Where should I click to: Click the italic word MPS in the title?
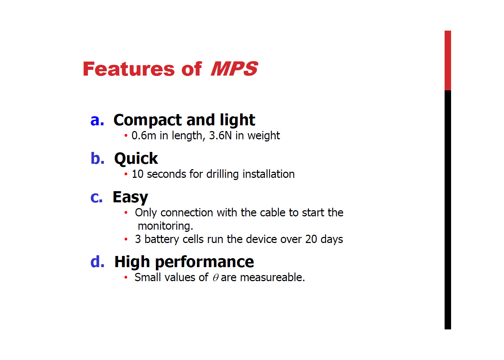click(x=234, y=69)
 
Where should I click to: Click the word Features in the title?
click(x=129, y=69)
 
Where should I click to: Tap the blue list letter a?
click(x=97, y=120)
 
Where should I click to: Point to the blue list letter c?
click(x=96, y=197)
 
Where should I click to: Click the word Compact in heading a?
click(x=148, y=121)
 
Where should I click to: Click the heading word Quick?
click(x=136, y=159)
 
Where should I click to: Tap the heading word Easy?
click(x=130, y=197)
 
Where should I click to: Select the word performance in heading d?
click(x=204, y=262)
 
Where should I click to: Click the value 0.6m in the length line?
click(x=144, y=136)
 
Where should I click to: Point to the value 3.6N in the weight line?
click(x=220, y=135)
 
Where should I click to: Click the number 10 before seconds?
click(x=138, y=174)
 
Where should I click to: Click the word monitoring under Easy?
click(x=165, y=226)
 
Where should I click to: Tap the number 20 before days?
click(x=311, y=239)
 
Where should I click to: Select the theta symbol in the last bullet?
click(x=216, y=278)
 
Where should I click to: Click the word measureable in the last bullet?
click(x=273, y=278)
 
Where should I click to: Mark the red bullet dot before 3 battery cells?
click(x=126, y=239)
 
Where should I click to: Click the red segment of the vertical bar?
click(x=448, y=60)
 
